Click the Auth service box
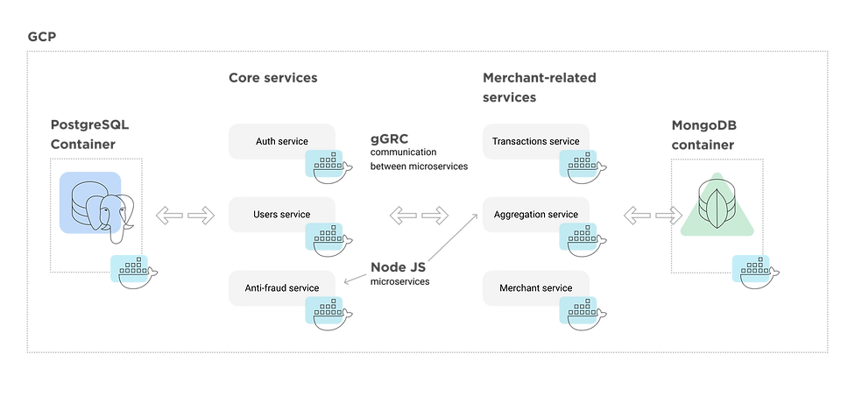tap(280, 140)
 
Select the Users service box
tap(280, 214)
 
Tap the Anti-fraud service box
tap(280, 287)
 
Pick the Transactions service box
tap(535, 140)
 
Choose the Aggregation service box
tap(535, 214)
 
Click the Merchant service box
tap(535, 287)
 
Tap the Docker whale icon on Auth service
tap(326, 164)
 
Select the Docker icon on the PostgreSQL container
tap(131, 271)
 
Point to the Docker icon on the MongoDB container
tap(756, 271)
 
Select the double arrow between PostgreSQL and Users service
tap(186, 214)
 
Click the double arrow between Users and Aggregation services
tap(419, 214)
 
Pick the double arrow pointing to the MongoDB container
tap(653, 214)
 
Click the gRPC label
tap(391, 140)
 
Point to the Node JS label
tap(399, 266)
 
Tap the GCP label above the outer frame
tap(42, 37)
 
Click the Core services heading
tap(272, 78)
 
